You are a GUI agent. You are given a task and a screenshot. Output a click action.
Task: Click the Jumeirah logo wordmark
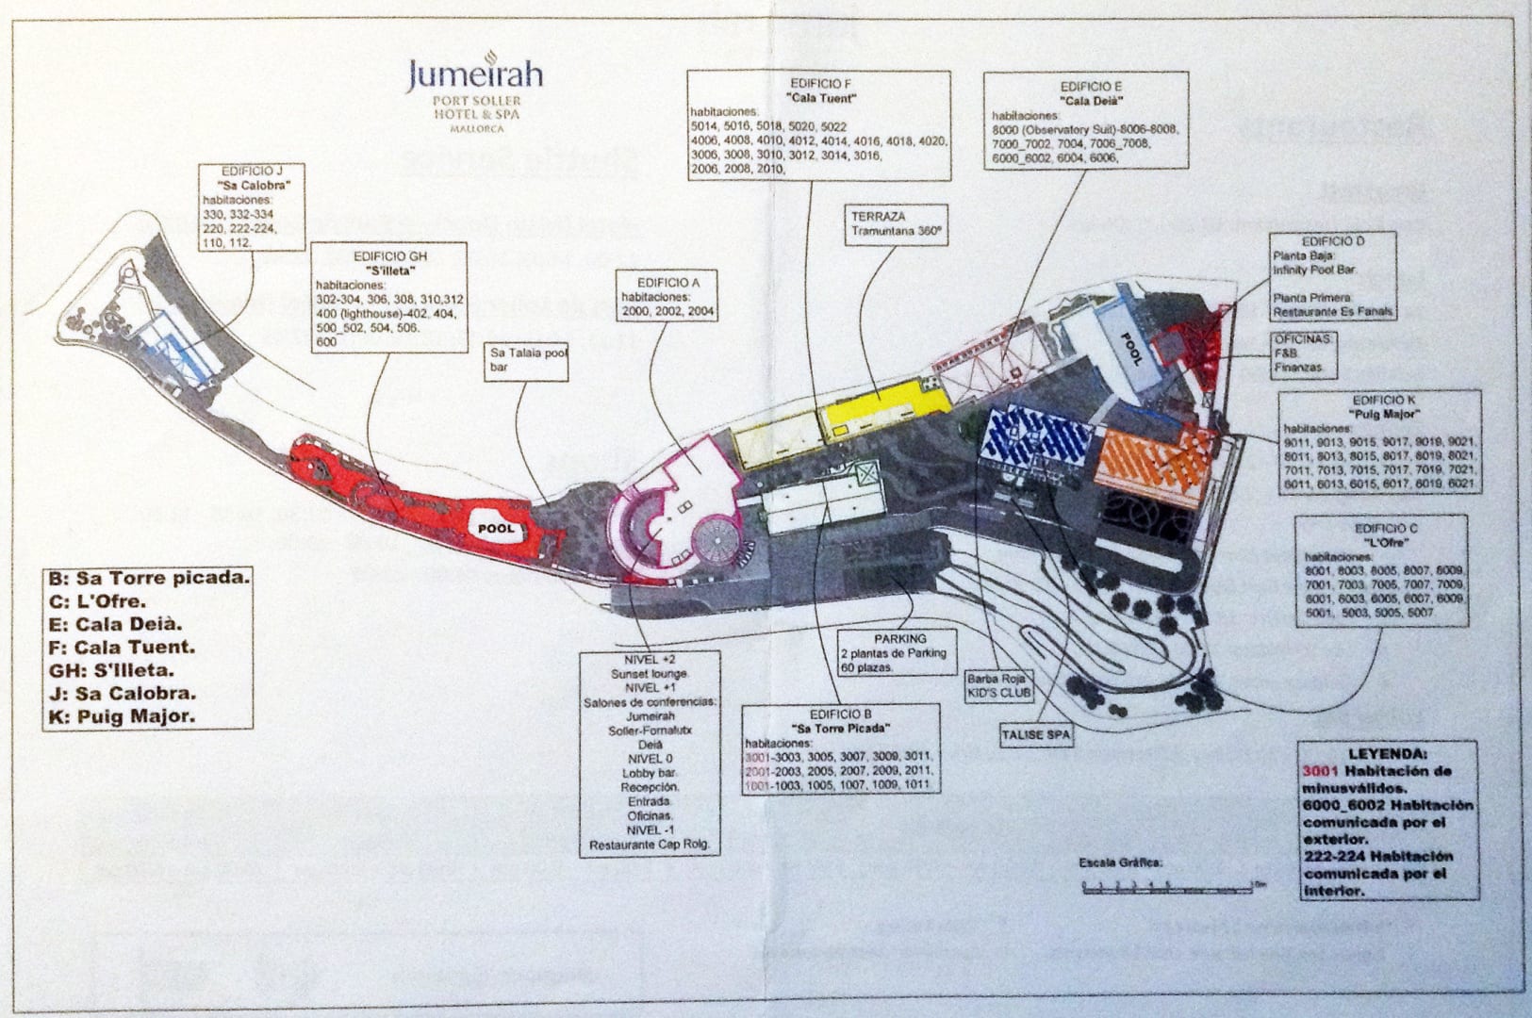(474, 74)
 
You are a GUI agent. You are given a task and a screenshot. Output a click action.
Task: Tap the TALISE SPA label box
(1035, 733)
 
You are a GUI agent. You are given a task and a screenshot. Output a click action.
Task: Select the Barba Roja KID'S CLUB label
(999, 685)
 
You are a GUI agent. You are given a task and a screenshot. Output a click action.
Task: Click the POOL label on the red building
(496, 528)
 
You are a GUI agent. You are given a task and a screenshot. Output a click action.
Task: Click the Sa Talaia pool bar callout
(528, 359)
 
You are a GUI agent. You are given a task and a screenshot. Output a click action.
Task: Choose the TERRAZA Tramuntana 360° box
(897, 223)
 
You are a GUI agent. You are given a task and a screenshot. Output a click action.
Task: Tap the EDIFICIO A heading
(668, 283)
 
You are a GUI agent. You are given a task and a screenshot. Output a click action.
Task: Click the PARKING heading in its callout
(899, 638)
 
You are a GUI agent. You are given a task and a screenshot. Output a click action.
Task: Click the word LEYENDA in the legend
(1387, 754)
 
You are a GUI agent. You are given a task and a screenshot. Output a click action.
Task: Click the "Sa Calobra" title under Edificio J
(254, 185)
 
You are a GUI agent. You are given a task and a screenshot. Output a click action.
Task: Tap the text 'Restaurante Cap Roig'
(649, 845)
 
